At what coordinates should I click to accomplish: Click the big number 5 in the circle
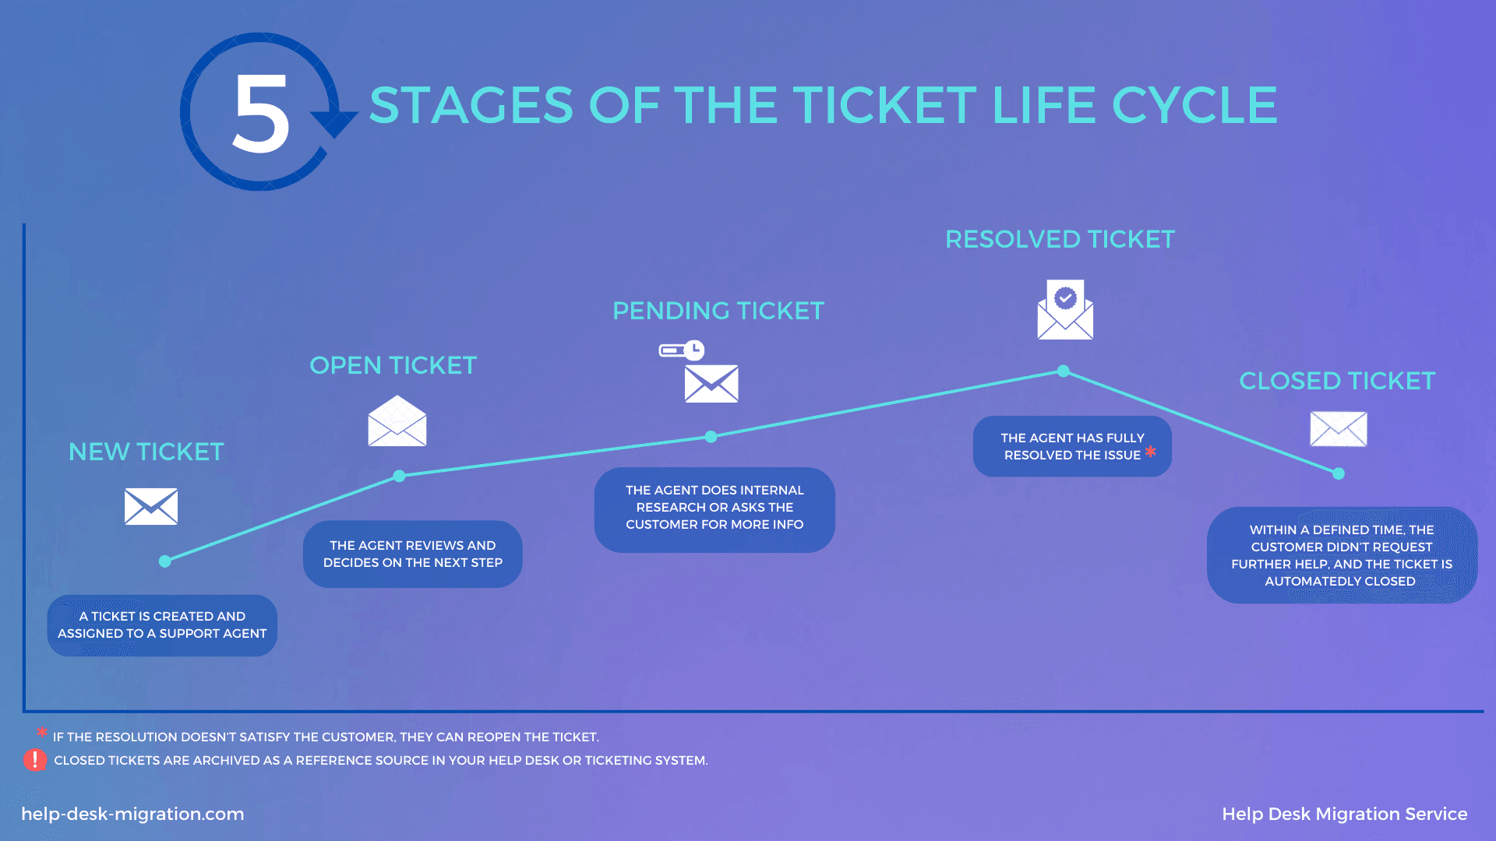(x=261, y=113)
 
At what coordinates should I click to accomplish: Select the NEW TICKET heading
(x=146, y=452)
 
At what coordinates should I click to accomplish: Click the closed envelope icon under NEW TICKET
(x=151, y=506)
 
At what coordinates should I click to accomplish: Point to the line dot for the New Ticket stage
(x=165, y=561)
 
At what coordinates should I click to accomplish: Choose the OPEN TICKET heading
(x=393, y=365)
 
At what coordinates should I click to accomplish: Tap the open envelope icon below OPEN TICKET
(x=397, y=420)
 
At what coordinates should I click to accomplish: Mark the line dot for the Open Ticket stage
(x=399, y=476)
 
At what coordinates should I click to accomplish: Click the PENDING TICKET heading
(x=718, y=311)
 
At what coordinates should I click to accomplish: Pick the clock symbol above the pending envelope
(x=693, y=350)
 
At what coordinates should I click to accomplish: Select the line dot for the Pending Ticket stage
(x=711, y=437)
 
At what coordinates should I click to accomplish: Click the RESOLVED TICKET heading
(x=1060, y=239)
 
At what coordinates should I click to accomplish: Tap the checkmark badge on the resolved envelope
(x=1065, y=297)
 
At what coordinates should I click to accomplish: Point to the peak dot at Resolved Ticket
(x=1064, y=371)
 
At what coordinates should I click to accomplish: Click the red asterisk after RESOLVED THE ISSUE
(x=1151, y=452)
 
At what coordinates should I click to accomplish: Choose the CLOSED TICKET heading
(x=1337, y=381)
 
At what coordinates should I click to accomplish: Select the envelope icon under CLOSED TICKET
(x=1339, y=429)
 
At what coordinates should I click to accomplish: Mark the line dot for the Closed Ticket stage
(x=1339, y=473)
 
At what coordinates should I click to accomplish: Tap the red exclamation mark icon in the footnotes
(x=35, y=760)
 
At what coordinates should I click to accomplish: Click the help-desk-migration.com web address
(x=132, y=814)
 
